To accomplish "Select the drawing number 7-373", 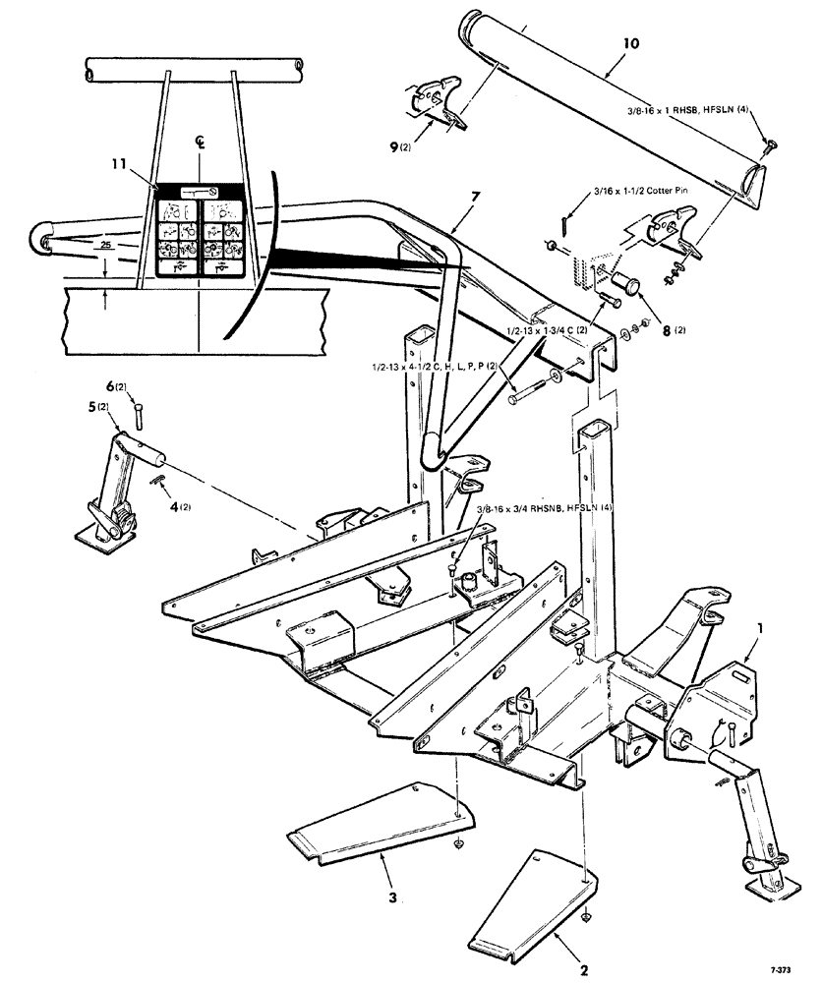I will coord(785,967).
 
